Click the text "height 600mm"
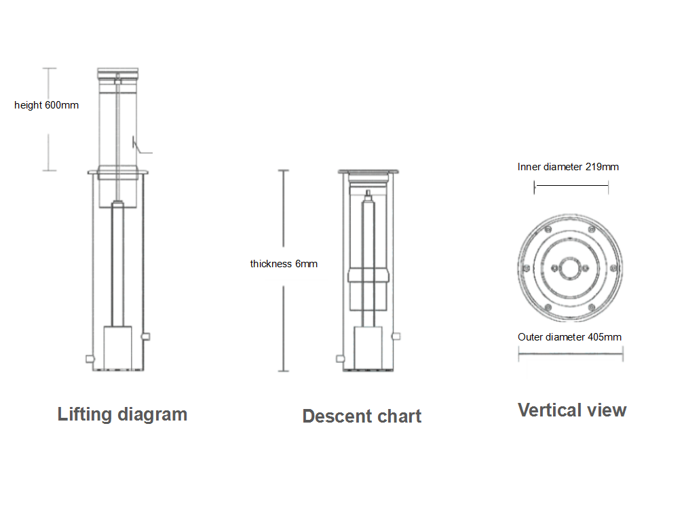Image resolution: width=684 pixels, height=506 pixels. [x=46, y=105]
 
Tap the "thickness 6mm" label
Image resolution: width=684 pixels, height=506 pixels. [x=284, y=264]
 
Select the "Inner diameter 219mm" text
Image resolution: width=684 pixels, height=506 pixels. [x=568, y=167]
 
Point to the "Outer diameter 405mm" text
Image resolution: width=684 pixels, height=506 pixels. [x=569, y=337]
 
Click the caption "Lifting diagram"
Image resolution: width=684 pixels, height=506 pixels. [x=122, y=414]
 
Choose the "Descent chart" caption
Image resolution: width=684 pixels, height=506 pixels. [x=362, y=416]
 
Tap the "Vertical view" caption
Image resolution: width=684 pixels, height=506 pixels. [x=572, y=410]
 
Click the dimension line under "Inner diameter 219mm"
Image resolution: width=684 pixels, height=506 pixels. [x=571, y=187]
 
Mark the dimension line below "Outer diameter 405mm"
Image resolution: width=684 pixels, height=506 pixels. [x=571, y=353]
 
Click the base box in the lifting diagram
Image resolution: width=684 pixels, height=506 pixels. [x=122, y=348]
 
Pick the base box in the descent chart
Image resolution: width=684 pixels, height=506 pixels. [x=368, y=348]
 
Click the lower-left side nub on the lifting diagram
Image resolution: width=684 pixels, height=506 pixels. [x=88, y=359]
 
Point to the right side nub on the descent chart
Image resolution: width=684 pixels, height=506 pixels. [x=397, y=336]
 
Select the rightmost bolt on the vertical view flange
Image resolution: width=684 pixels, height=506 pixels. [x=614, y=268]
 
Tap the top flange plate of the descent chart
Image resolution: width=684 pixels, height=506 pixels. [x=368, y=172]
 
